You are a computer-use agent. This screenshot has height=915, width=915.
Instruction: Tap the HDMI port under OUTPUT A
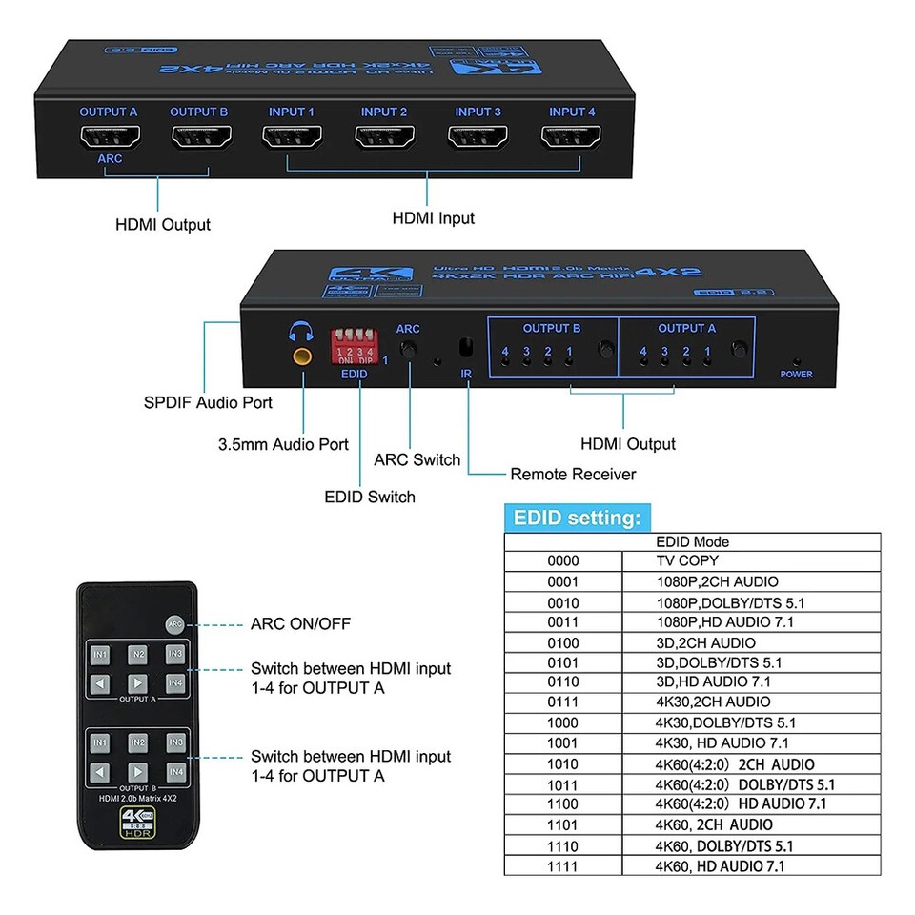point(108,138)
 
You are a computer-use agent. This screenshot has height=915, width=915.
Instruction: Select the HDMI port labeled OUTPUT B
point(199,138)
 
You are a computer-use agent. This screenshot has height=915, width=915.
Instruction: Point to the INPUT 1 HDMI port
point(292,138)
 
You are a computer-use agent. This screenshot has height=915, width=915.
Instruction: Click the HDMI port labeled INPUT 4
point(571,138)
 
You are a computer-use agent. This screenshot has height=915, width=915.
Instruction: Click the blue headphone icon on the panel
point(302,332)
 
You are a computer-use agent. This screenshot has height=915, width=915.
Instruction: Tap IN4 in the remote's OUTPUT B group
point(174,771)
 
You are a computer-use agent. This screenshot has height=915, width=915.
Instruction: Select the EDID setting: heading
point(578,518)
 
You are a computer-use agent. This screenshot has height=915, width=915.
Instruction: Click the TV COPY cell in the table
point(686,560)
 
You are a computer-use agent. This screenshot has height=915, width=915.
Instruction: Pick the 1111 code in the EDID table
point(563,866)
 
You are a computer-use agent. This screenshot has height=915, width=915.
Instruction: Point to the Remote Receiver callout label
point(573,474)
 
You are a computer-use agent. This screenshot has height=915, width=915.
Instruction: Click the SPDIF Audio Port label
point(208,402)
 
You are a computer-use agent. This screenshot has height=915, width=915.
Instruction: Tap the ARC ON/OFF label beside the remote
point(300,624)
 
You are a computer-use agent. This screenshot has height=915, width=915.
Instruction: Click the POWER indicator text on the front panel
point(796,375)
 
